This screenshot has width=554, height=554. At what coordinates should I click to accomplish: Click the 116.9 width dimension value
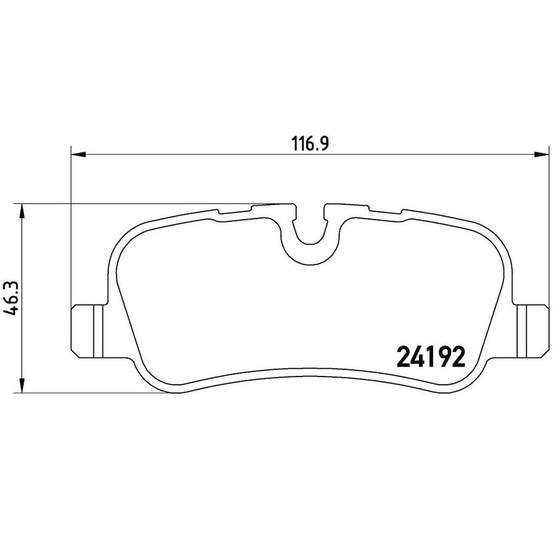point(310,144)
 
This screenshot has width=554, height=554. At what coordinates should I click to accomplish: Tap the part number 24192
point(431,357)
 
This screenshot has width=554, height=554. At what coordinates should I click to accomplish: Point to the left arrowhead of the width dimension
point(78,154)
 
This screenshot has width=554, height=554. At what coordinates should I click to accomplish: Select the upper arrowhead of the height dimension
point(22,211)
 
